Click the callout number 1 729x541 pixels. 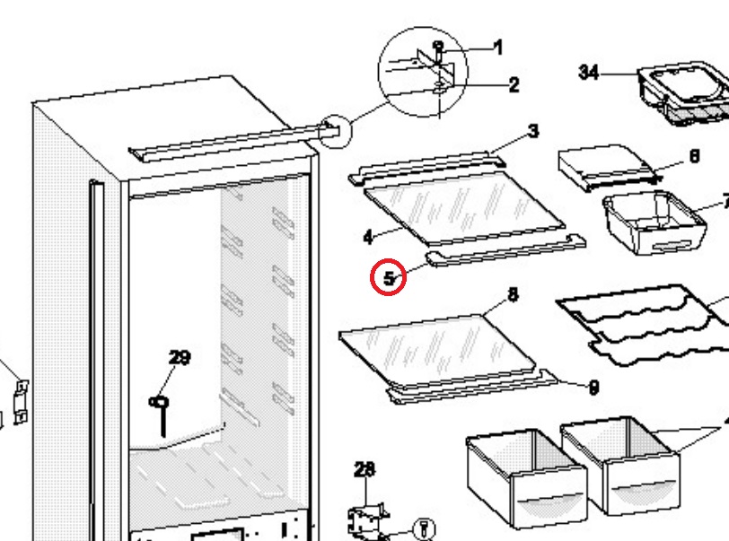[x=498, y=47]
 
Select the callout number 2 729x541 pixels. [x=514, y=84]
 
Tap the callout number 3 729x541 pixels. [x=533, y=131]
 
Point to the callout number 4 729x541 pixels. [x=368, y=237]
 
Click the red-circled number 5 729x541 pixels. [x=389, y=278]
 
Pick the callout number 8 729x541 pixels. [x=513, y=294]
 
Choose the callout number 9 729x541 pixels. [x=593, y=388]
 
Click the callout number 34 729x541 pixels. [x=588, y=73]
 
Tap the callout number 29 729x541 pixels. [x=180, y=357]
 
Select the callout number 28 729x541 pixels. [x=364, y=469]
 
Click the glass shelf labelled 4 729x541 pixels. [x=464, y=209]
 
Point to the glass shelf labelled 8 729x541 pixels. [x=437, y=352]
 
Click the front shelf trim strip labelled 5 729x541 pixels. [x=505, y=251]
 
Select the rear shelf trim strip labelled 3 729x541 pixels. [x=426, y=169]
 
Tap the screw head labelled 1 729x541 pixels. [x=438, y=46]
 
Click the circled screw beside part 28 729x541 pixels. [x=425, y=529]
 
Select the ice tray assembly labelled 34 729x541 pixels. [x=683, y=93]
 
